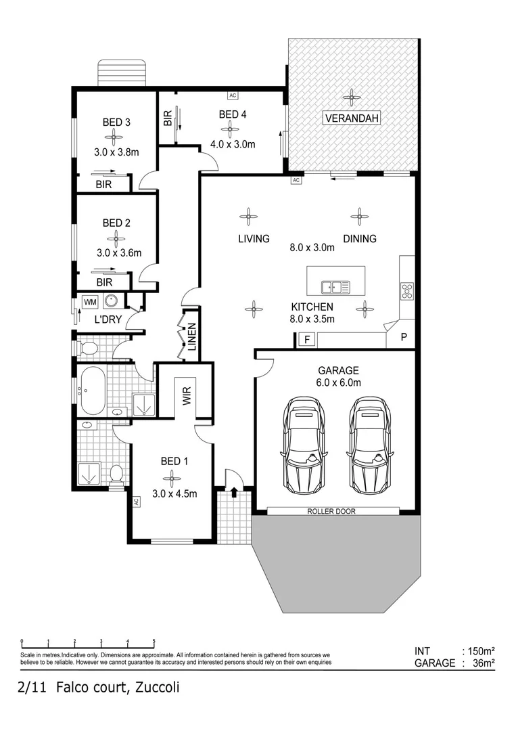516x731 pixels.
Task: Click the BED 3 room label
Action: pos(116,123)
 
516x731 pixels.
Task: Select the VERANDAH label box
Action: pos(351,118)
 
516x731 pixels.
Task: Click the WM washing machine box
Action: pos(89,301)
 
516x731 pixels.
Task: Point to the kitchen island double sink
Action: pos(336,287)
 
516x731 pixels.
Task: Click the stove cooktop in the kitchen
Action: pos(407,291)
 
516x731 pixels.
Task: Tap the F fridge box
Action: pos(306,340)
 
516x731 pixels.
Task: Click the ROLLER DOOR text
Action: pos(331,511)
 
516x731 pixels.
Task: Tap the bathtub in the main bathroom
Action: pos(92,391)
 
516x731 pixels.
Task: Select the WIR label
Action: pos(185,395)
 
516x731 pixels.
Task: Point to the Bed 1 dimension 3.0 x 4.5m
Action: pos(174,493)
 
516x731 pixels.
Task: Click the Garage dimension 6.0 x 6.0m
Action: pos(338,382)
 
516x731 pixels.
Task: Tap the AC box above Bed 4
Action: pos(233,95)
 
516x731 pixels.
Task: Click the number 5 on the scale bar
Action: pos(154,642)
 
